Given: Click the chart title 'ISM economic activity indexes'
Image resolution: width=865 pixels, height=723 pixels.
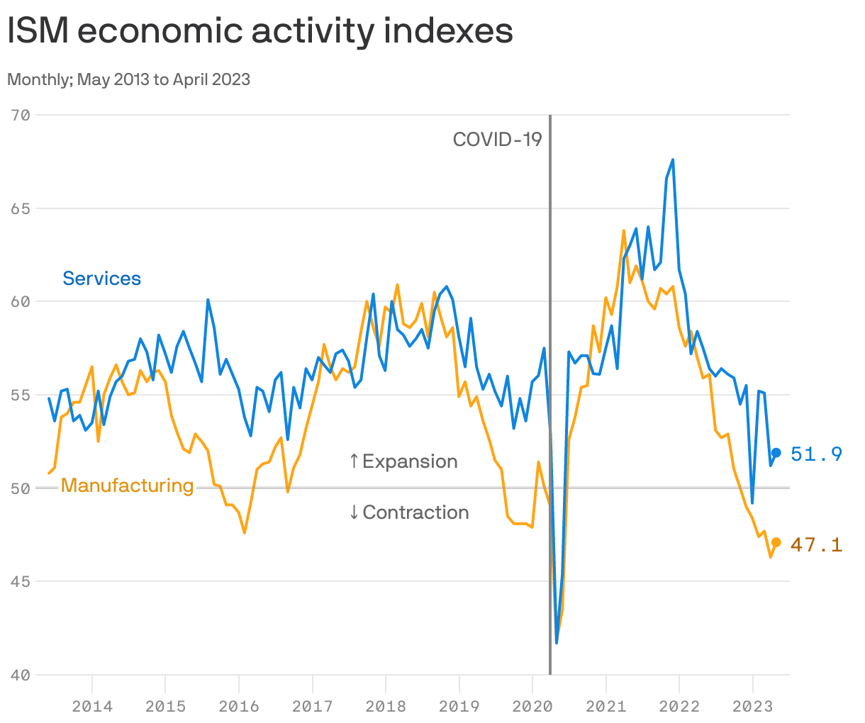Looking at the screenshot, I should pos(260,32).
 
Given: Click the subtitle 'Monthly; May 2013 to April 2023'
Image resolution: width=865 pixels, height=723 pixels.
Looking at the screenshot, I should pos(128,79).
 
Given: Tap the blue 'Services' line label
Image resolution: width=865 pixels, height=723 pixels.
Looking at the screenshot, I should pos(101,279).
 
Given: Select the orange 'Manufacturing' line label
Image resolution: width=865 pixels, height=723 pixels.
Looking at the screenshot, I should pos(127,486).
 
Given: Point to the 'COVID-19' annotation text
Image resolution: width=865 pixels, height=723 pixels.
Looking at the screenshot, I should pos(497,140).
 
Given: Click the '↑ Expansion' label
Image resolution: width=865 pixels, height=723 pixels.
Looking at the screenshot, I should pos(403,461).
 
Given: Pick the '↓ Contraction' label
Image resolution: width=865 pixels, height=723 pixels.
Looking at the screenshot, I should pos(408,512).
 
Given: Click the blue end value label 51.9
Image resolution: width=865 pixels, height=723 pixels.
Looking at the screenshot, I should pos(816,454).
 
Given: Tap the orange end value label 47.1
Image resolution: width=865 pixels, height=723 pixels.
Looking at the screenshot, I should pos(816,544).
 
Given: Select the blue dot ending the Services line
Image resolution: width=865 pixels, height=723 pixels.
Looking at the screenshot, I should pos(776,453).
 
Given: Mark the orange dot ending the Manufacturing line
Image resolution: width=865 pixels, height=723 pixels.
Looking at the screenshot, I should pos(776,542).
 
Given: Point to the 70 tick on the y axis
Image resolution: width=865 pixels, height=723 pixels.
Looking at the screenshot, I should pos(21,115).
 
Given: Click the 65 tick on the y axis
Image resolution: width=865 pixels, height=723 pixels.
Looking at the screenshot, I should pos(21,208).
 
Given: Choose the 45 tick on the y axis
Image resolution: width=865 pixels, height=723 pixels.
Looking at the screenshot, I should pos(21,581).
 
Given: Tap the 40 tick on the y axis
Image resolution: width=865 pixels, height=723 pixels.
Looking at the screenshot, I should pos(21,675).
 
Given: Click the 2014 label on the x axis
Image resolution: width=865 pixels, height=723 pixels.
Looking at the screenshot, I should pos(91,706).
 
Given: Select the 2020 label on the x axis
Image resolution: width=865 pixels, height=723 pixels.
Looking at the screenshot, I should pos(532,706).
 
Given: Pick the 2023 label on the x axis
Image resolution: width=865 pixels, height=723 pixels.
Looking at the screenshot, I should pos(752,706).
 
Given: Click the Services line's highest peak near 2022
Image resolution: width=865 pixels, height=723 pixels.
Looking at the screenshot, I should pos(673,159).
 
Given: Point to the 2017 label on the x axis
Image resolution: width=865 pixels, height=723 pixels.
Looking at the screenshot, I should pos(312,706).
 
